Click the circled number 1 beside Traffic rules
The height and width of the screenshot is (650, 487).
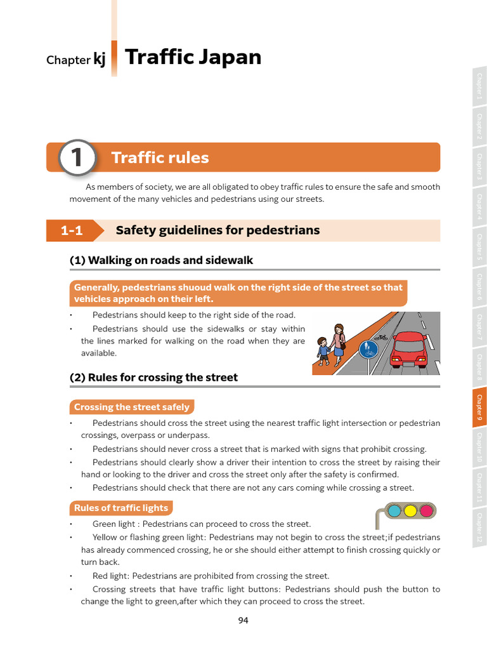point(77,157)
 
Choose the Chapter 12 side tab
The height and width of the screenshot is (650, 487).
point(479,529)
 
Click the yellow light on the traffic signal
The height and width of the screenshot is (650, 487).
point(410,510)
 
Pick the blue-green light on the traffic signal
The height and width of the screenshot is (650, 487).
point(394,510)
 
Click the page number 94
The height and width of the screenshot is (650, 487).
point(243,620)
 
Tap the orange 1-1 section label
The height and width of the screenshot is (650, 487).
point(72,230)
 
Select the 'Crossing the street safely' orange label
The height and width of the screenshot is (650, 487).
point(131,407)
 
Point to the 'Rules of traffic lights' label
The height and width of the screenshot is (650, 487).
point(120,508)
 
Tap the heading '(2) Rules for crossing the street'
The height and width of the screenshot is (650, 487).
point(153,377)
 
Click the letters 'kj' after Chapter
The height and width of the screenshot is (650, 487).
point(100,60)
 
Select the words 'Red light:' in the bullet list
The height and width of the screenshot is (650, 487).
point(111,576)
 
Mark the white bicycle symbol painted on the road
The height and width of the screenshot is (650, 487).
point(382,337)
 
